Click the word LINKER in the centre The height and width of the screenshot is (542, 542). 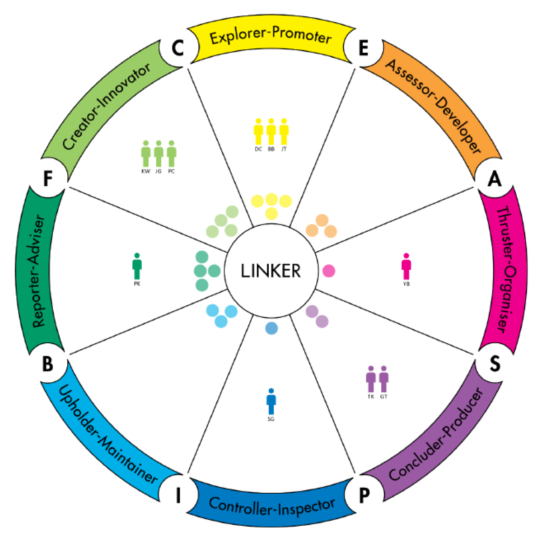[271, 271]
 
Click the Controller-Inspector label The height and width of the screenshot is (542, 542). [272, 506]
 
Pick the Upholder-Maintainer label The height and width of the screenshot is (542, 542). [108, 435]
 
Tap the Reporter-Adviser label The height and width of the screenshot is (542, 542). [39, 271]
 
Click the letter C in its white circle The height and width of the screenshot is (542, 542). [178, 48]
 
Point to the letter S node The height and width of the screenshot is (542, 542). [495, 363]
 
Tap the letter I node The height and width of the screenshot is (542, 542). [178, 495]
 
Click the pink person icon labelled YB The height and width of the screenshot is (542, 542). [406, 267]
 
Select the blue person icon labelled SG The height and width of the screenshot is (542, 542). [271, 402]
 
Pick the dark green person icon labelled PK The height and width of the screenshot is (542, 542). [137, 266]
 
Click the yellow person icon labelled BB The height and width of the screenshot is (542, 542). [271, 131]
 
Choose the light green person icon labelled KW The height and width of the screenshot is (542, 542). [145, 154]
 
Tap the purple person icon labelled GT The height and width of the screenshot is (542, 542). [384, 379]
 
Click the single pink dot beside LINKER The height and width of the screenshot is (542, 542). [328, 271]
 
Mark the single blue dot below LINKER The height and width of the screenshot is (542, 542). [271, 328]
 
